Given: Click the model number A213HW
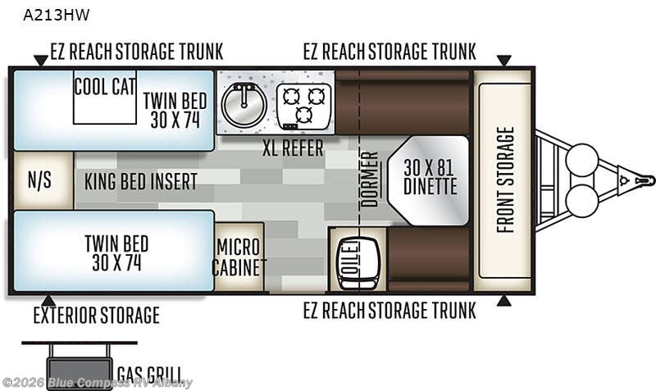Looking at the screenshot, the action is [x=56, y=15].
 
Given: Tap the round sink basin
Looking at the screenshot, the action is [x=244, y=105].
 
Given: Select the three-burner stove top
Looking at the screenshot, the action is [x=304, y=107].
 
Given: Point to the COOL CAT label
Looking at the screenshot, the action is [x=105, y=88].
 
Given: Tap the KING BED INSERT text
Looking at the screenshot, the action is [x=140, y=181].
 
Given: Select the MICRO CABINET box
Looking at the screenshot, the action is [x=239, y=257].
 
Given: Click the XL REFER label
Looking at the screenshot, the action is [x=293, y=148].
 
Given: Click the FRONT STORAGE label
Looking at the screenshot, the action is [x=505, y=180].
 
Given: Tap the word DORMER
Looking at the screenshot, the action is [x=370, y=180].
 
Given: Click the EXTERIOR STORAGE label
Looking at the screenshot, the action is [x=96, y=316].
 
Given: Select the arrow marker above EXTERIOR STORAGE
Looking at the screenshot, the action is [x=48, y=301].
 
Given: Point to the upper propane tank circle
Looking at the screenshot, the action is [x=582, y=159].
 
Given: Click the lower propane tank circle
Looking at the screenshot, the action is [x=582, y=201].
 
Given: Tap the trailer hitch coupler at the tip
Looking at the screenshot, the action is [x=645, y=180].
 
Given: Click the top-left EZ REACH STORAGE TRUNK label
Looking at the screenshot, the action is [x=137, y=52].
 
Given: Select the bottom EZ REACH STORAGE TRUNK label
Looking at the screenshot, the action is [x=389, y=311].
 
